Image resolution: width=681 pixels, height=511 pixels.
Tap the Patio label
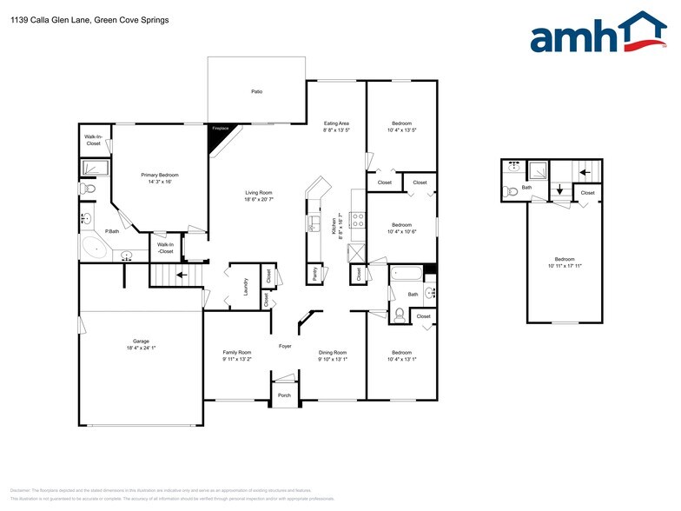(257, 91)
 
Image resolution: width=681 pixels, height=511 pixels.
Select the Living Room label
(259, 196)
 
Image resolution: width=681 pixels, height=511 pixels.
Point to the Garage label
(142, 344)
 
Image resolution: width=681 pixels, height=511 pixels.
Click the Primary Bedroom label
(159, 178)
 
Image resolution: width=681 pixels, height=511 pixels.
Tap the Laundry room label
(246, 286)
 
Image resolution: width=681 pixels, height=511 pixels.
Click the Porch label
(284, 395)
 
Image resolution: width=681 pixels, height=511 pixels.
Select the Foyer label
(285, 346)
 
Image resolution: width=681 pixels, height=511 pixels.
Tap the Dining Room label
(333, 355)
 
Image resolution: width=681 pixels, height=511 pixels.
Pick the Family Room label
(237, 355)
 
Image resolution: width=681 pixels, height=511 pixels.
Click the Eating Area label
(336, 127)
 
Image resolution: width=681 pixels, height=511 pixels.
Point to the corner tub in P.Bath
(93, 249)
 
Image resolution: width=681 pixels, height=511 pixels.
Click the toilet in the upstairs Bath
(511, 189)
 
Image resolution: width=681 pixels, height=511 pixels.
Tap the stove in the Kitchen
(356, 218)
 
